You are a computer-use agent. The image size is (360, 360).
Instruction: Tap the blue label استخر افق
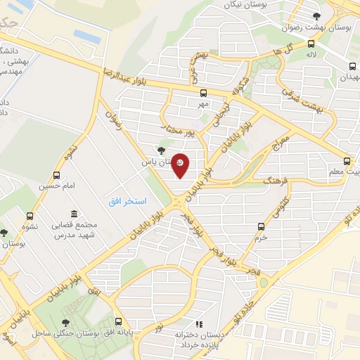127,202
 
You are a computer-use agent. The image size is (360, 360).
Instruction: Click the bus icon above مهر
204,92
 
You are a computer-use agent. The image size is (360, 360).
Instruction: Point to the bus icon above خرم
262,226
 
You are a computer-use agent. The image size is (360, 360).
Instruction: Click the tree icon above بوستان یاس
162,150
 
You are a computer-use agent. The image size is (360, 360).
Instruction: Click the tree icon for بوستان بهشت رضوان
316,15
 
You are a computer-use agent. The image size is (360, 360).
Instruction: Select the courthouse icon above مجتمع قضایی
75,214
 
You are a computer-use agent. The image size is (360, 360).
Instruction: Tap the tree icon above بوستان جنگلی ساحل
66,322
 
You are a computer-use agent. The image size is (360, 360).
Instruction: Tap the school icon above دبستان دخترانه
199,324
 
